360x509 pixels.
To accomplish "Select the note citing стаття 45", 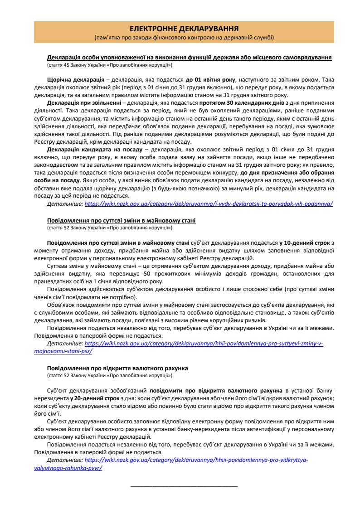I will pyautogui.click(x=109, y=65).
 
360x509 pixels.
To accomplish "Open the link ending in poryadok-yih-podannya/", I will pyautogui.click(x=209, y=204).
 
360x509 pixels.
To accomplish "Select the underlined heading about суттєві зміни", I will pyautogui.click(x=121, y=220).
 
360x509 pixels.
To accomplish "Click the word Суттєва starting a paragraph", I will pyautogui.click(x=58, y=266).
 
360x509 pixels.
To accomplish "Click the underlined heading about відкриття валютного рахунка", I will pyautogui.click(x=117, y=368).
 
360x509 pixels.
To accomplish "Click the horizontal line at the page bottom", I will pyautogui.click(x=184, y=485).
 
